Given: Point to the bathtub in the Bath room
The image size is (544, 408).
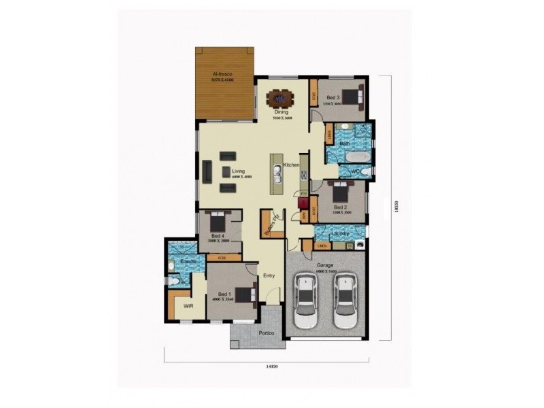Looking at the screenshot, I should point(356,158).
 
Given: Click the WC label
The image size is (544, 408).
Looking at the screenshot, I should point(355,171).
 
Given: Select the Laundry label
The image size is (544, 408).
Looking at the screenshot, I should point(339,234).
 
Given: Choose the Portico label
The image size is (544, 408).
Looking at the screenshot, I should point(266,333).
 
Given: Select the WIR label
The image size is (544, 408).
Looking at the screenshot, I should point(188,307).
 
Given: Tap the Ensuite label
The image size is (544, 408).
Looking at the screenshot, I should point(188,261).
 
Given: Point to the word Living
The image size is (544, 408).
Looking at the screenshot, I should point(238,171).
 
